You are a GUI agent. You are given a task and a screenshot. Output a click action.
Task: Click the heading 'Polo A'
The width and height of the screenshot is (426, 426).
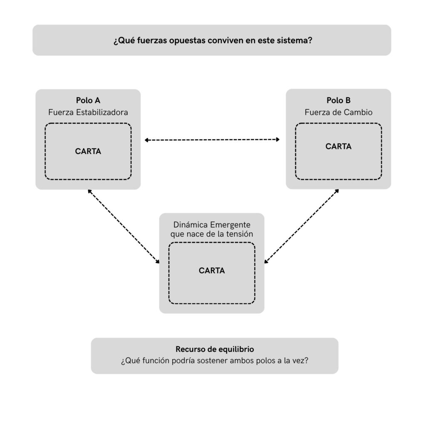(x=88, y=101)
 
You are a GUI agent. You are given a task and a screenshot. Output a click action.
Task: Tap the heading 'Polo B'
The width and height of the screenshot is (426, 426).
(x=339, y=101)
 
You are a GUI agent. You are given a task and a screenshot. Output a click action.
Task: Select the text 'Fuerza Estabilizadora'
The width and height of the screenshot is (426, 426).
(x=88, y=112)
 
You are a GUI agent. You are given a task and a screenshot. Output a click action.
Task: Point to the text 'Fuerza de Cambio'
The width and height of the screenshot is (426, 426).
(x=339, y=112)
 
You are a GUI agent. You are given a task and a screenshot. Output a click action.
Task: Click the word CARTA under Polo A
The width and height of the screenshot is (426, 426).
(x=88, y=151)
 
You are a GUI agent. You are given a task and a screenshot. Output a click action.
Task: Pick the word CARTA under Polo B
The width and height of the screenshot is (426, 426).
(x=339, y=146)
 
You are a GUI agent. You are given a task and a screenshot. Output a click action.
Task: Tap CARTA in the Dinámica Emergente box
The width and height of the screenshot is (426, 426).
(x=212, y=270)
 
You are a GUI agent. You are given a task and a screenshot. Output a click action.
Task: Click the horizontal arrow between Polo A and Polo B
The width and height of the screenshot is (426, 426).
(x=212, y=140)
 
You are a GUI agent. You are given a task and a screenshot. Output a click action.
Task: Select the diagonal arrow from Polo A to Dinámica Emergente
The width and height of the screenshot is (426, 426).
(x=124, y=227)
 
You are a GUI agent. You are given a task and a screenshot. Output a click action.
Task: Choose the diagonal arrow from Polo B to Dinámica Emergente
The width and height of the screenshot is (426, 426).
(x=302, y=226)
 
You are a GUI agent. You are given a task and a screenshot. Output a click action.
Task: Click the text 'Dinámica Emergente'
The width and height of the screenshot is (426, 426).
(x=212, y=225)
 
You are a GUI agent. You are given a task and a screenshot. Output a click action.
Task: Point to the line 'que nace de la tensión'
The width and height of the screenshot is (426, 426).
(x=212, y=234)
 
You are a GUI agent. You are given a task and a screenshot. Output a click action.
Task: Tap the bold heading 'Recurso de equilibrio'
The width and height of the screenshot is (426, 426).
(x=215, y=349)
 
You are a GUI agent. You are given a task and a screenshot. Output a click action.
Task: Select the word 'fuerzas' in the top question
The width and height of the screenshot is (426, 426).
(x=152, y=40)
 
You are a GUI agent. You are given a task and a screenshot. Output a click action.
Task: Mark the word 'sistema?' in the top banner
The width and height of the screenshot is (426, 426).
(x=295, y=40)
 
